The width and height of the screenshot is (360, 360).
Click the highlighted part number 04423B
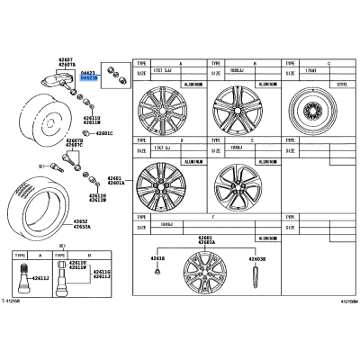(x=90, y=78)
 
